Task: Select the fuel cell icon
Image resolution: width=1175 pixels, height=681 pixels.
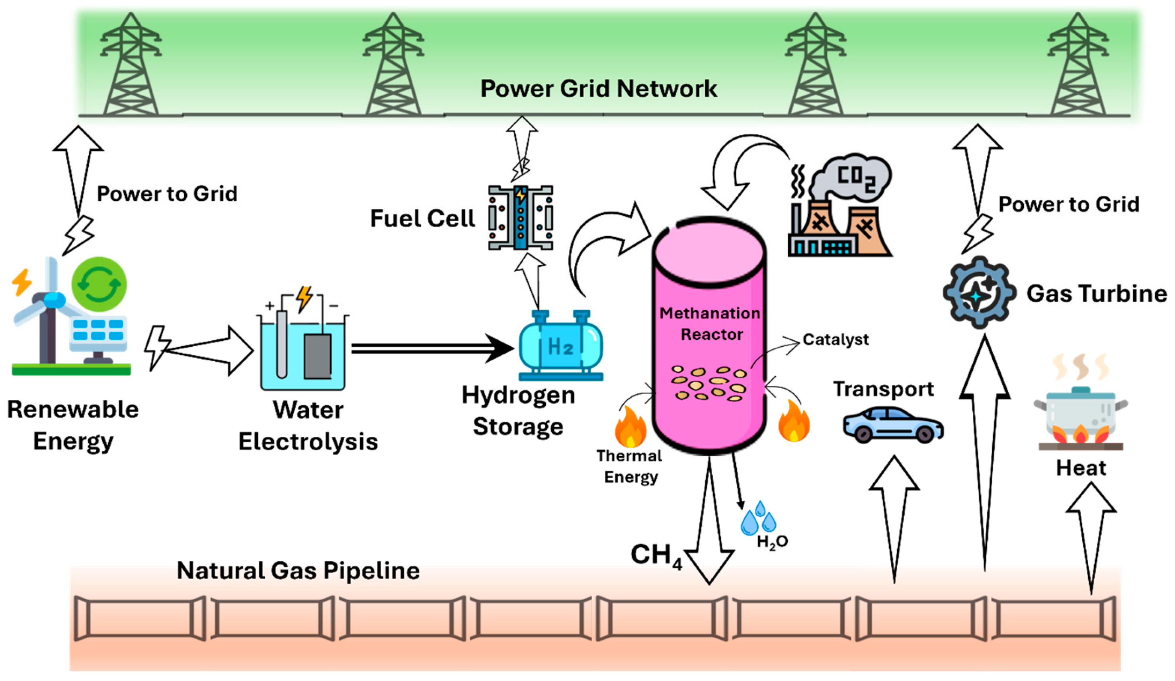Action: tap(520, 218)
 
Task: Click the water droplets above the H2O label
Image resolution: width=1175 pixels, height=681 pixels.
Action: tap(758, 519)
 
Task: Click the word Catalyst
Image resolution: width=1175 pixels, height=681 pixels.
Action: tap(835, 340)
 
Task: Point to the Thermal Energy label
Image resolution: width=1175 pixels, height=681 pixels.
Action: tap(629, 467)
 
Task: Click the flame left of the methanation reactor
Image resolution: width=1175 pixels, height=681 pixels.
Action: tap(630, 427)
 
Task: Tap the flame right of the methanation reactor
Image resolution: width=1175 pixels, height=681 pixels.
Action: tap(794, 421)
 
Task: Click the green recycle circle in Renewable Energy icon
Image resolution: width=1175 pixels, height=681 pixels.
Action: tap(99, 284)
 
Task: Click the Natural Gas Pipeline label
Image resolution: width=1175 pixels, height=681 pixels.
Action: tap(298, 570)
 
